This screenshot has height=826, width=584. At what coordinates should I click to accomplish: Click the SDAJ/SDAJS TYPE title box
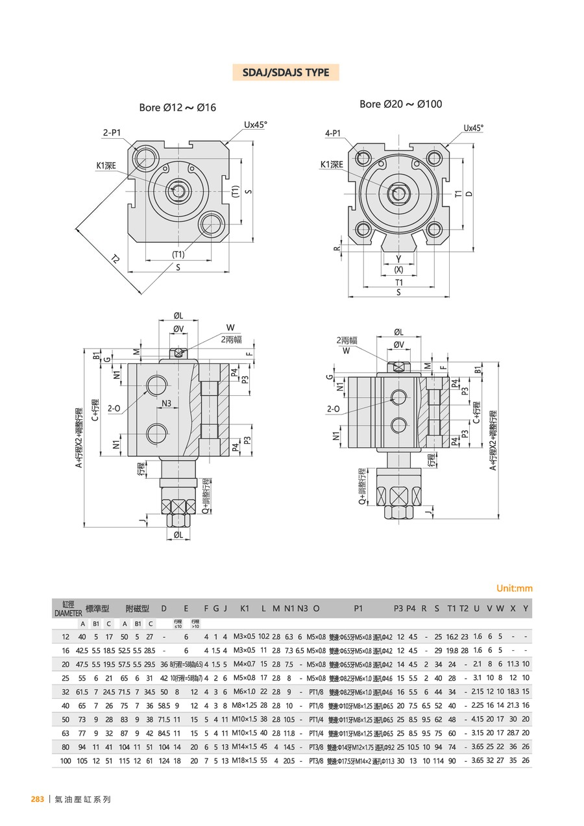click(286, 73)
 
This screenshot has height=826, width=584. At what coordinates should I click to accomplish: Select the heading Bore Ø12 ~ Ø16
click(177, 108)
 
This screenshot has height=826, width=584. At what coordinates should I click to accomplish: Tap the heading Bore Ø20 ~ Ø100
click(400, 104)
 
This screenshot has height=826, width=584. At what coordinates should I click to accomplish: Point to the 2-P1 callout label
click(112, 132)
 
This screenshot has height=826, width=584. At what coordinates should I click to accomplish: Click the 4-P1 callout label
click(333, 134)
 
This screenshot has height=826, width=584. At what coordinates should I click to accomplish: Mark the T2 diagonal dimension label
click(116, 259)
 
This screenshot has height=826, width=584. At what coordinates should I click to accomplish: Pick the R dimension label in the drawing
click(337, 249)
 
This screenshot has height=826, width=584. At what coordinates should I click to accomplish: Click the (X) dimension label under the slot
click(398, 269)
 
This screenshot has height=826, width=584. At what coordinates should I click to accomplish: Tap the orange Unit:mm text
click(514, 589)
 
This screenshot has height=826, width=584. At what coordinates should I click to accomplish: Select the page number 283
click(38, 799)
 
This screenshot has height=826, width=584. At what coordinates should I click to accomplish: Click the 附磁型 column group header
click(137, 608)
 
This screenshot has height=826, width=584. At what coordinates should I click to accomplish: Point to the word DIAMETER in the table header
click(68, 612)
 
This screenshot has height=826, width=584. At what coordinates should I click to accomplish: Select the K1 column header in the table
click(245, 608)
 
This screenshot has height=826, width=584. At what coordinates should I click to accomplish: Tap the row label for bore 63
click(66, 733)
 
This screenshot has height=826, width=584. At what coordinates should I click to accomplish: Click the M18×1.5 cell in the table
click(245, 760)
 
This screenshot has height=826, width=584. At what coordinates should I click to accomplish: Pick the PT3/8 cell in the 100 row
click(317, 760)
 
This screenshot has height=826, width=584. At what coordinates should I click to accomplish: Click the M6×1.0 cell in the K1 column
click(245, 692)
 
